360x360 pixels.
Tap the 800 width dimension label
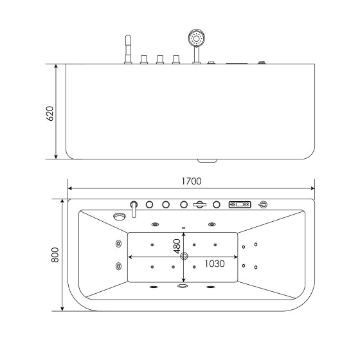point(55,255)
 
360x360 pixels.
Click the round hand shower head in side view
point(195,37)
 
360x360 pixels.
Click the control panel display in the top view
point(239,205)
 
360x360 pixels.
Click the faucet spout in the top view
point(134,208)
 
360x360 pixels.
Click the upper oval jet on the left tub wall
point(118,244)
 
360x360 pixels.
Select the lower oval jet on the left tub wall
point(118,266)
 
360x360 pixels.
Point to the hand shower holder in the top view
point(200,205)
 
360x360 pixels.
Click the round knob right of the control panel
point(262,205)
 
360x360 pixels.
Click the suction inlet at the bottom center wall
point(183,287)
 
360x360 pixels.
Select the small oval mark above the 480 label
point(183,228)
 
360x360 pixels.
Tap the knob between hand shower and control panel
point(216,205)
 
